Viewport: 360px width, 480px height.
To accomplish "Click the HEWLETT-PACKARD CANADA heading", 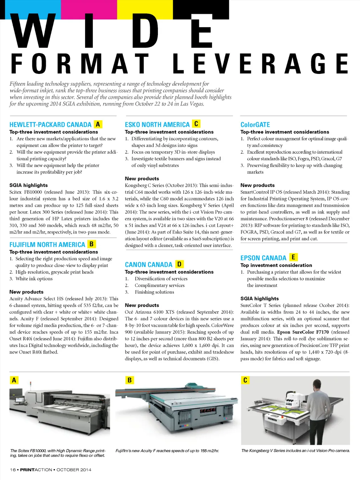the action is pos(50,124).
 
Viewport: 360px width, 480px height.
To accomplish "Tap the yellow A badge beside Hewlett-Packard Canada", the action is pos(98,124).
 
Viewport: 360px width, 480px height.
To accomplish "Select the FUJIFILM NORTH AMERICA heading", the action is pos(47,244).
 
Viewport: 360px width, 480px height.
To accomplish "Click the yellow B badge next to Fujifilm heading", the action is pos(92,244).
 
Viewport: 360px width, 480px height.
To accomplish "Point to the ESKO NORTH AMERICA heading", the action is pos(157,124).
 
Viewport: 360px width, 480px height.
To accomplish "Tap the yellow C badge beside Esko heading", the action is pos(196,124).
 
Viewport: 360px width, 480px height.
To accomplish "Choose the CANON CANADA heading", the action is pos(149,264).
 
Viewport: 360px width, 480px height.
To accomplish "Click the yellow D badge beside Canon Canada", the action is pos(179,264).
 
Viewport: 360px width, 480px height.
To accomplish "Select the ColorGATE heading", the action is pos(255,124).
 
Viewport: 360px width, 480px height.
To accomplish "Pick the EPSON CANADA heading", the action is pos(263,258).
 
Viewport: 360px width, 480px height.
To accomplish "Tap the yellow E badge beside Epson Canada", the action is pos(293,257).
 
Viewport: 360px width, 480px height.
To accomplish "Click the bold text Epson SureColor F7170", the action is pos(303,332).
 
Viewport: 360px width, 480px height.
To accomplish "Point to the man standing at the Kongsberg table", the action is pos(319,412).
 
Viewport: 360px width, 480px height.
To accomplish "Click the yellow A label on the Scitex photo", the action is pos(14,380).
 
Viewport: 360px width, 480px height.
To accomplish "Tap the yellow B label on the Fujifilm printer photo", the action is pos(129,380).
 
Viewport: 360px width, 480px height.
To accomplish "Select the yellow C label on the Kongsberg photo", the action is pos(245,380).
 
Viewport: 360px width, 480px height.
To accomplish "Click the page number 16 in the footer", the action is pos(13,470).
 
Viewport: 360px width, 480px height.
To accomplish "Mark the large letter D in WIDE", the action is pos(145,31).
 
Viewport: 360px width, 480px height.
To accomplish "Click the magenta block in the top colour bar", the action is pos(89,9).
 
